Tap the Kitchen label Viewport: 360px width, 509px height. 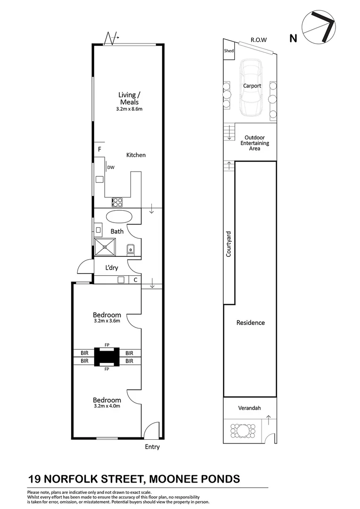[136, 155]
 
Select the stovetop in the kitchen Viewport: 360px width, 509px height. [117, 202]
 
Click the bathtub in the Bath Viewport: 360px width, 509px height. [119, 217]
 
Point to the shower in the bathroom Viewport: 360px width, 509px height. [105, 247]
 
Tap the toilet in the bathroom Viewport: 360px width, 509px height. [131, 249]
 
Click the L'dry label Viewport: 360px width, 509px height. [111, 268]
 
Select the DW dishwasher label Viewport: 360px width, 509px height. [111, 167]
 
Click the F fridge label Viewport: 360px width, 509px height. [99, 149]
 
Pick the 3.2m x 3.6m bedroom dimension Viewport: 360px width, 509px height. [107, 321]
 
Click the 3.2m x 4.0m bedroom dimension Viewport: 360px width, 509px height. [107, 406]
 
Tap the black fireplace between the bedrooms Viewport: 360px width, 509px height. [107, 357]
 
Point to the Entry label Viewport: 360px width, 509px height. [152, 447]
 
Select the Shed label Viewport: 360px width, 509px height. [229, 50]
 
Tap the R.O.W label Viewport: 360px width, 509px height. [258, 40]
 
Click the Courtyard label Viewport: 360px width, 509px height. [229, 244]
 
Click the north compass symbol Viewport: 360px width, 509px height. [319, 27]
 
